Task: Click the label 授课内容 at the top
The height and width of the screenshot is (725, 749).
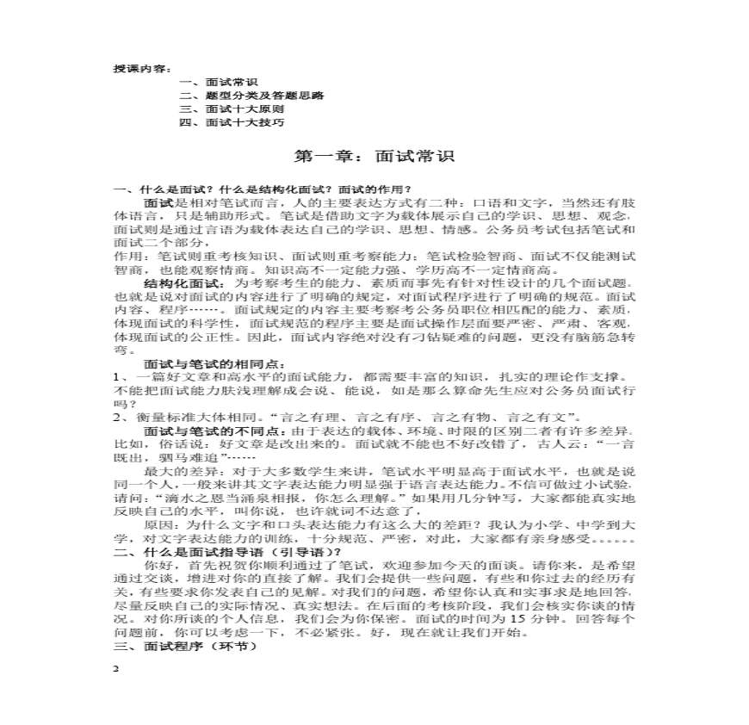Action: tap(143, 69)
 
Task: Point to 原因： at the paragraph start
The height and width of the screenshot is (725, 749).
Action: tap(164, 526)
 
